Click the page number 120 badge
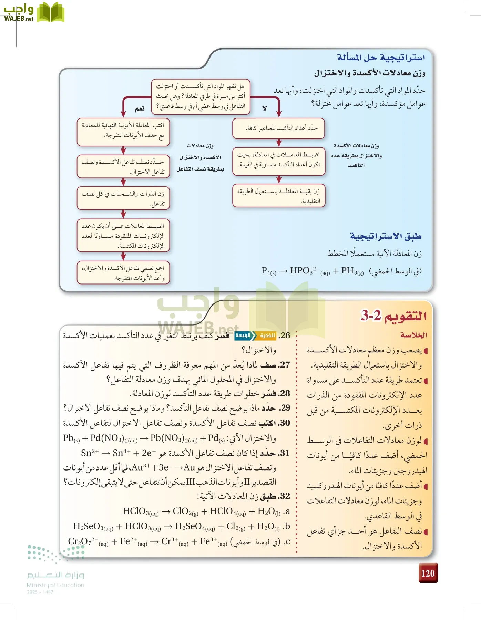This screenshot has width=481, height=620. click(x=428, y=573)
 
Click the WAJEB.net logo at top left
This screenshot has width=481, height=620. click(x=33, y=12)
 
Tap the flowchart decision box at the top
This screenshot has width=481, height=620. click(x=201, y=96)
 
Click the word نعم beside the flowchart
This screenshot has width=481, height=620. click(x=140, y=108)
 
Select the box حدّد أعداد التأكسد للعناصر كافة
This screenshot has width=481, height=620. click(x=278, y=128)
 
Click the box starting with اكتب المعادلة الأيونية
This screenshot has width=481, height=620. click(x=123, y=130)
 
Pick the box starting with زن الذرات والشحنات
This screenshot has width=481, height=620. click(x=123, y=198)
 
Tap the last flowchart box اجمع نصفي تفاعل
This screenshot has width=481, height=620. click(x=123, y=273)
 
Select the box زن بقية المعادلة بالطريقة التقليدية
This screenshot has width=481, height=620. click(x=278, y=196)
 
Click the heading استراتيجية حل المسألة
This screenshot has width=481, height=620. click(x=381, y=58)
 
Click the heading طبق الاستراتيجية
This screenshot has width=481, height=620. click(x=386, y=236)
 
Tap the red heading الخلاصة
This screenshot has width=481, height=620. click(x=413, y=335)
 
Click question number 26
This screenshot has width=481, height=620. click(x=284, y=335)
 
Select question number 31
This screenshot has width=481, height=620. click(x=284, y=453)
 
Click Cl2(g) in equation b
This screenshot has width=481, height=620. click(x=236, y=526)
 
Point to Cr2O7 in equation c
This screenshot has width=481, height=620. click(x=80, y=541)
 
